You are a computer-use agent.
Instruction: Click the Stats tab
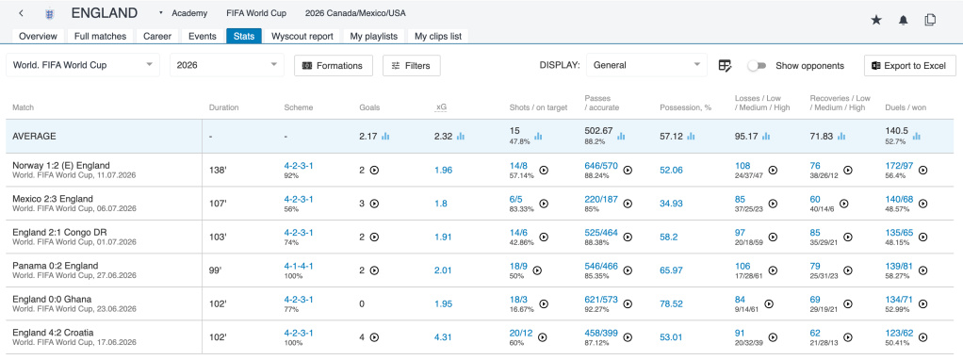point(244,36)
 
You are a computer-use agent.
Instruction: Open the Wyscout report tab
point(302,36)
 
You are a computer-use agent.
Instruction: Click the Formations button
point(334,66)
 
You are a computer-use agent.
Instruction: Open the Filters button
point(412,66)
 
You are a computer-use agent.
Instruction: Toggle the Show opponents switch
point(757,66)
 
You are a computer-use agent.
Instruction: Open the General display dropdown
point(646,65)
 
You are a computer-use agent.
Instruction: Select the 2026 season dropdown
point(227,65)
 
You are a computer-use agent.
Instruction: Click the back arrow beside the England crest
point(22,13)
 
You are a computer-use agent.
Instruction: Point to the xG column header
point(441,107)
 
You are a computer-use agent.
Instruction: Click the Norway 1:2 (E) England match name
point(61,165)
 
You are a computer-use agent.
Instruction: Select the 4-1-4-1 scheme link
point(299,266)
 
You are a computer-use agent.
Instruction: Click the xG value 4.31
point(444,337)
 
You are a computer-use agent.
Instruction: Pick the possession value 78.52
point(671,304)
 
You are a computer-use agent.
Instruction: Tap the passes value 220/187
point(601,199)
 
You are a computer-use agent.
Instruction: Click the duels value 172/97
point(899,165)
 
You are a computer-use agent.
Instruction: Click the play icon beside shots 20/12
point(543,337)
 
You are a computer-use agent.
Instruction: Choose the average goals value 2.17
point(368,137)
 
